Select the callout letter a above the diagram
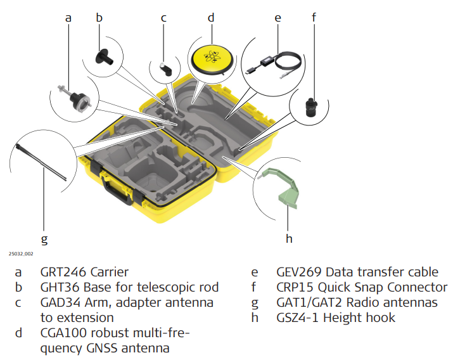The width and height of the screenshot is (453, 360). [x=68, y=18]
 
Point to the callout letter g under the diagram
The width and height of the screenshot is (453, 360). [x=44, y=239]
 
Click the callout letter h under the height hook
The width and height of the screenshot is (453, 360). [x=289, y=238]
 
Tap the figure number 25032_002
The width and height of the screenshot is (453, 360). [x=22, y=253]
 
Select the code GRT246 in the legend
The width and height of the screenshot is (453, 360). [x=63, y=273]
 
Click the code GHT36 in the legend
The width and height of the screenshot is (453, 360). [x=60, y=287]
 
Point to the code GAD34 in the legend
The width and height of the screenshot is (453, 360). [x=61, y=302]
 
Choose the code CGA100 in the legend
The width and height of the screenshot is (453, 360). [x=65, y=332]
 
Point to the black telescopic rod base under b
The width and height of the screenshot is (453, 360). [x=103, y=56]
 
